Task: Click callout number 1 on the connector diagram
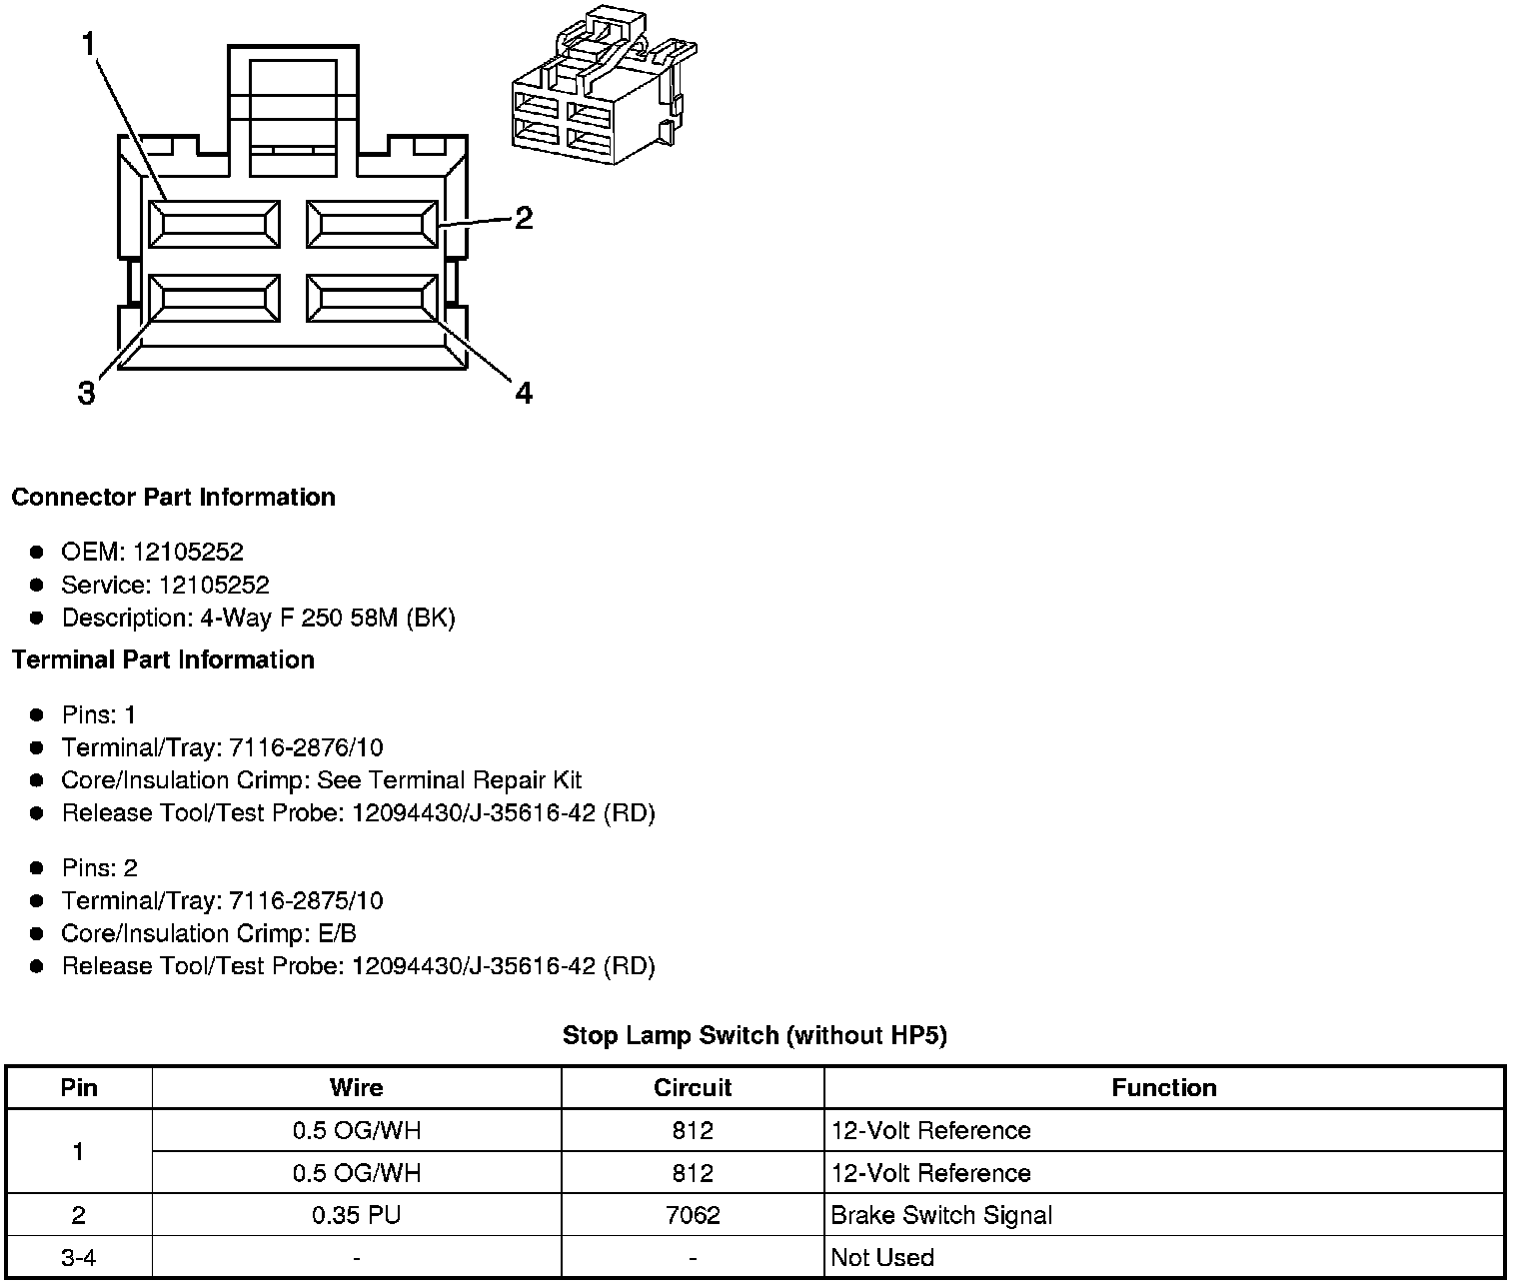88,45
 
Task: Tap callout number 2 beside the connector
524,218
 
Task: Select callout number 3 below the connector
87,394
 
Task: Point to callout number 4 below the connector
524,394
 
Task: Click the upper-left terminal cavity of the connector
214,224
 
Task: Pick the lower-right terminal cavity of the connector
372,299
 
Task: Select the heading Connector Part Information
173,498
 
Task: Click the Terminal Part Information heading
163,660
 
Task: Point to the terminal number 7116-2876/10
306,747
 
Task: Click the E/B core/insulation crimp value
336,933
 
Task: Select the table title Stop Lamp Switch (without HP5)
755,1035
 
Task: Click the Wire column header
356,1087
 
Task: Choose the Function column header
1164,1087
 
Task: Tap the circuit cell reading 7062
693,1215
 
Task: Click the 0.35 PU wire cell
356,1215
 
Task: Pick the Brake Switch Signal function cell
941,1215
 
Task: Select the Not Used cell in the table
882,1257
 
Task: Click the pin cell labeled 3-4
78,1257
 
